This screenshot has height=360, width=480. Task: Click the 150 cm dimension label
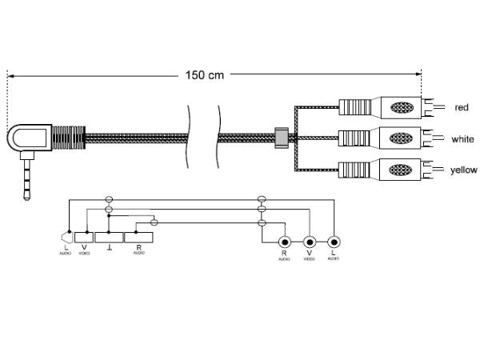206,75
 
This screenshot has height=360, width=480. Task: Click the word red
461,107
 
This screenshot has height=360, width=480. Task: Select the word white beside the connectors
462,138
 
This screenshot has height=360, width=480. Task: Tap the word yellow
463,170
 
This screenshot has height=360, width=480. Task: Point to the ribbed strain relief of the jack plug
67,138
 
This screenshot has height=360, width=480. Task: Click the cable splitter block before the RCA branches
280,138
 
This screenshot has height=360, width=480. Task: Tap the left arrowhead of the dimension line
10,76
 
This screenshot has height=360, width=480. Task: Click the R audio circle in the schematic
283,242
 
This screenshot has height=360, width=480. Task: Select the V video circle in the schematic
309,242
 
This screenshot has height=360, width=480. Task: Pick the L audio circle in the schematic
334,242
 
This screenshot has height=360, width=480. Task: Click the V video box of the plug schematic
84,238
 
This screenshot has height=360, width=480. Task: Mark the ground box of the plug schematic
109,238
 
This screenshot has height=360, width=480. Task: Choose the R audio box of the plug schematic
139,238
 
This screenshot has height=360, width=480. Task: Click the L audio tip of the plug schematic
66,238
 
